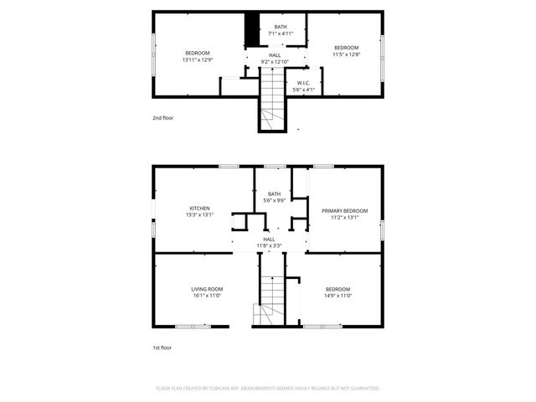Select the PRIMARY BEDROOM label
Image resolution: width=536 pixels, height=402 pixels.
(x=345, y=210)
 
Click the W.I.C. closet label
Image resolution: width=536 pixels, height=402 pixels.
(x=303, y=82)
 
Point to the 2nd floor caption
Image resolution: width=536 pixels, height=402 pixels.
(x=162, y=118)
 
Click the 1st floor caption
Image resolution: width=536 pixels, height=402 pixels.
(x=162, y=347)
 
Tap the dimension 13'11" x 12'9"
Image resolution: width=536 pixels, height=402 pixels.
(x=198, y=59)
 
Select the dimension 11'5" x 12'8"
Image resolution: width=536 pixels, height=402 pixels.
(x=346, y=54)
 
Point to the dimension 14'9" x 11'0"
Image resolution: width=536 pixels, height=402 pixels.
(x=338, y=295)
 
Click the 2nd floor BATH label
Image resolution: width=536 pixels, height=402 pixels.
(x=281, y=27)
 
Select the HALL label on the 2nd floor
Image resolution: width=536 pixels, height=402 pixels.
(x=274, y=55)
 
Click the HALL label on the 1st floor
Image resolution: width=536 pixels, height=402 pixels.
(x=270, y=240)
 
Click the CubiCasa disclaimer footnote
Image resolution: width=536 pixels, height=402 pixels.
(x=268, y=389)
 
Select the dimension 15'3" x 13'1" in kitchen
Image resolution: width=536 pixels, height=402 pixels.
(x=199, y=215)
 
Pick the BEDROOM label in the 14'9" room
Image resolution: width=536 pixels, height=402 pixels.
(x=338, y=289)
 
